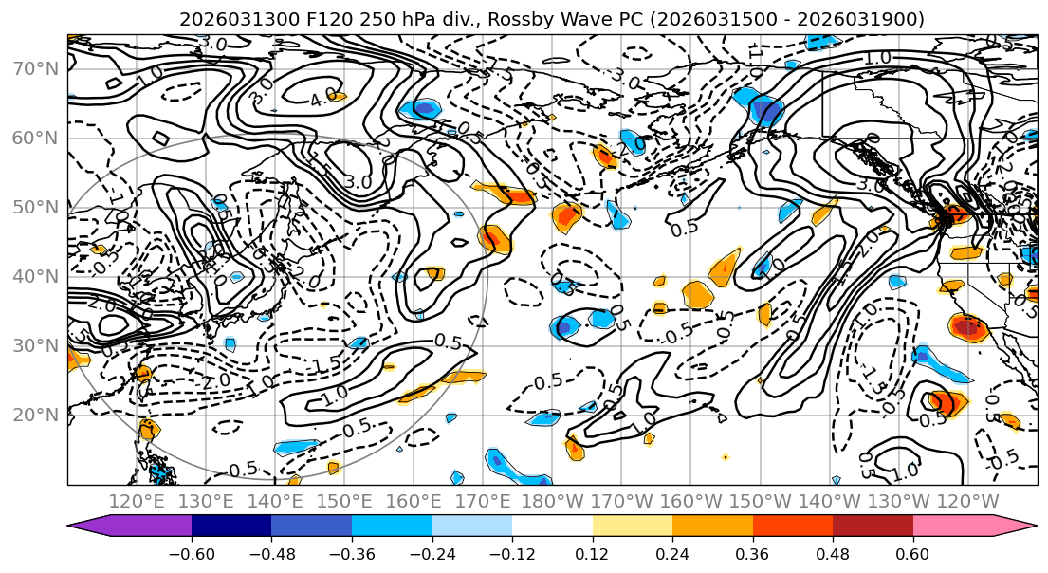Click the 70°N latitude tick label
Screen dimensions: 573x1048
(34, 68)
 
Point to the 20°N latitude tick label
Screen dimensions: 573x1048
(34, 415)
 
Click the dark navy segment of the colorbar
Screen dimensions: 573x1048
(231, 526)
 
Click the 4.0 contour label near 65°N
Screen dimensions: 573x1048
(323, 97)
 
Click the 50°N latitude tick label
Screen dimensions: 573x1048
(34, 207)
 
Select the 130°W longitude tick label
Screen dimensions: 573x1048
(907, 501)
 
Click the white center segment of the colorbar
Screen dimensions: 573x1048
(552, 526)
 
